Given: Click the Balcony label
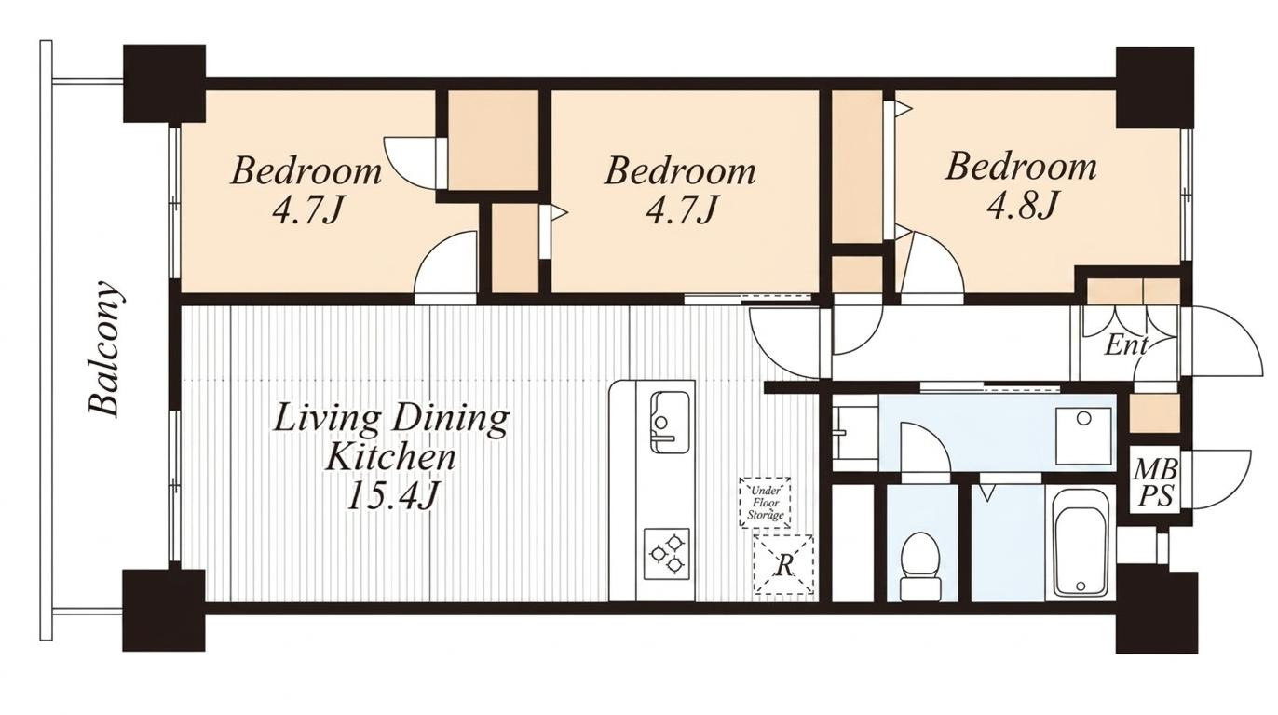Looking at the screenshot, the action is (x=105, y=348).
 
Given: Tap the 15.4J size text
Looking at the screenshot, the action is (x=392, y=495).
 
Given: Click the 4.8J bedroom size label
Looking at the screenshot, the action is (x=1022, y=205).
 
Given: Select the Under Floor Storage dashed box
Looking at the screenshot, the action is (x=765, y=503).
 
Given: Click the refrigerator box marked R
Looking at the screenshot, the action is (x=784, y=564).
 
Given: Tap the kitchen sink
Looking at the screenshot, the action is (x=669, y=422).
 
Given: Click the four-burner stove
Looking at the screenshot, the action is (x=667, y=554).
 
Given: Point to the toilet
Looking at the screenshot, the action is (x=919, y=564).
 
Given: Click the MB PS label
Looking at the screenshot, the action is (x=1154, y=483).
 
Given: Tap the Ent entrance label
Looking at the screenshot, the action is (x=1125, y=345).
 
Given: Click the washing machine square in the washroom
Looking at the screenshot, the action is (x=1083, y=437).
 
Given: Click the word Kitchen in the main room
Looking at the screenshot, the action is (x=390, y=457).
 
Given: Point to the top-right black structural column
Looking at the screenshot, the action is (x=1155, y=88).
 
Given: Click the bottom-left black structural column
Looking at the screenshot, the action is (x=164, y=611).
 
